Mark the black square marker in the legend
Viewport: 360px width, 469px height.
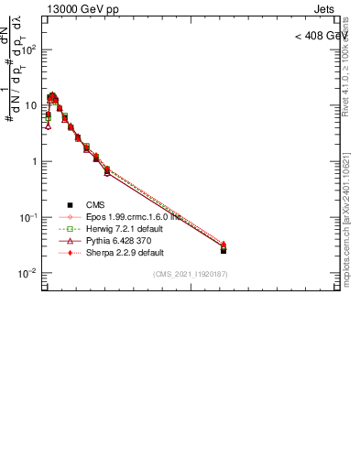click(x=70, y=204)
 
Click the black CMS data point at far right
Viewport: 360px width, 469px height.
click(x=224, y=250)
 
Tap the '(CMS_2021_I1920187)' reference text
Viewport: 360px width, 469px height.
click(x=191, y=274)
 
